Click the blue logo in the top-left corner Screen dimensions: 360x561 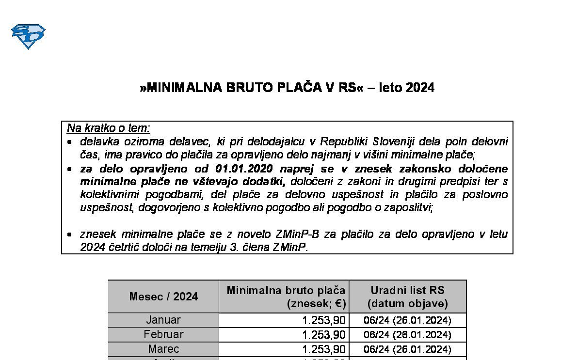pyautogui.click(x=28, y=36)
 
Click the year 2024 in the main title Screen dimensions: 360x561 pyautogui.click(x=420, y=88)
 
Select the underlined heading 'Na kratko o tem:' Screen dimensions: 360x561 pyautogui.click(x=109, y=128)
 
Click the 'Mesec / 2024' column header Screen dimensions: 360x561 pyautogui.click(x=163, y=297)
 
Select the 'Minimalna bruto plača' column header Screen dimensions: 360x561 pyautogui.click(x=286, y=291)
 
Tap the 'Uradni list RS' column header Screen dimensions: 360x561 pyautogui.click(x=407, y=291)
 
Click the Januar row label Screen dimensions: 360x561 pyautogui.click(x=163, y=320)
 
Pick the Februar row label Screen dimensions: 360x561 pyautogui.click(x=163, y=335)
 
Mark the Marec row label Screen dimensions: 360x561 pyautogui.click(x=163, y=349)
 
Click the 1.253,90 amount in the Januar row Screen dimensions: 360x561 pyautogui.click(x=323, y=321)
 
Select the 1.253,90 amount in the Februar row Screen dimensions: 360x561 pyautogui.click(x=323, y=335)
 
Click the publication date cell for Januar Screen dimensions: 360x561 pyautogui.click(x=407, y=321)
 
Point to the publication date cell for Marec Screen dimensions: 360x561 pyautogui.click(x=407, y=350)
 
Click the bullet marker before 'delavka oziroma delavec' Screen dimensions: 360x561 pyautogui.click(x=70, y=142)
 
